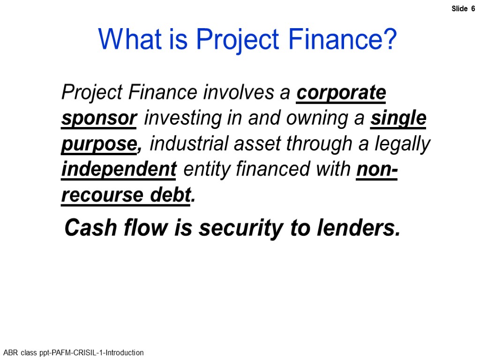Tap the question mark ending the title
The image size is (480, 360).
(390, 39)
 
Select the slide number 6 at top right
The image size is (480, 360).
(472, 9)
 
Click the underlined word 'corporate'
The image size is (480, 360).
(341, 93)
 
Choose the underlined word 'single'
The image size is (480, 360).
(398, 118)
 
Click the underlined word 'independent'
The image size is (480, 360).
(119, 169)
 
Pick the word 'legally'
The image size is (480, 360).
(402, 144)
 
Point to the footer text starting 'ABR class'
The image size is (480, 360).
(73, 352)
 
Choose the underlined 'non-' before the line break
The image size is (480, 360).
(377, 169)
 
